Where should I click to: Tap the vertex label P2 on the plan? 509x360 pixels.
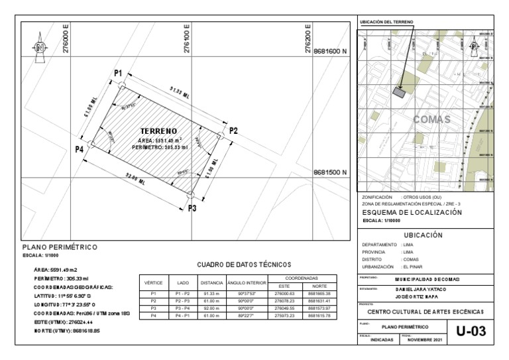pyautogui.click(x=233, y=131)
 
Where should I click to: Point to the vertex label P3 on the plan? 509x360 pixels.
pyautogui.click(x=192, y=208)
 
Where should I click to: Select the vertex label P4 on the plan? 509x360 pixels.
pyautogui.click(x=80, y=150)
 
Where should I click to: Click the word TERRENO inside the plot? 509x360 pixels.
pyautogui.click(x=158, y=131)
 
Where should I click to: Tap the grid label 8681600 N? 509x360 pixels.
pyautogui.click(x=330, y=50)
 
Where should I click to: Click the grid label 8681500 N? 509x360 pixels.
pyautogui.click(x=330, y=173)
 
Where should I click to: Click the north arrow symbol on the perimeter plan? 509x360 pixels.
pyautogui.click(x=40, y=47)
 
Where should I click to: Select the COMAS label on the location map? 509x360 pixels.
pyautogui.click(x=431, y=120)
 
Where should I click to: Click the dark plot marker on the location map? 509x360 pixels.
pyautogui.click(x=399, y=92)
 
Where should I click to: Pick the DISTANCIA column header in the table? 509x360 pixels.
pyautogui.click(x=211, y=283)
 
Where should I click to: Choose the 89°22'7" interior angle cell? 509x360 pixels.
pyautogui.click(x=246, y=316)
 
